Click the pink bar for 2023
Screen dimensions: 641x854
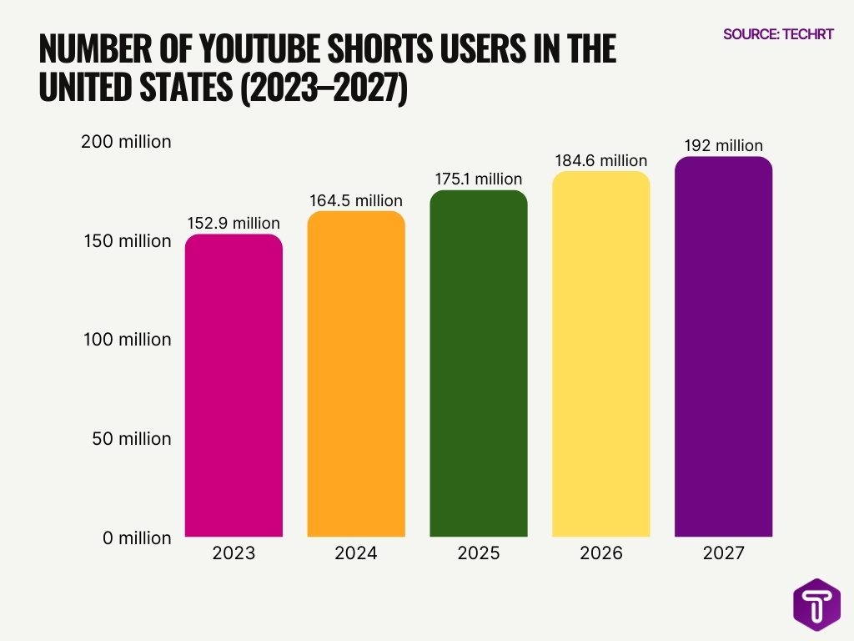tap(234, 386)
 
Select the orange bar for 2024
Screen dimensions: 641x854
tap(356, 374)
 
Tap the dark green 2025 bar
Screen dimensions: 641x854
tap(479, 364)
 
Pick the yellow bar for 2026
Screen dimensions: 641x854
tap(600, 354)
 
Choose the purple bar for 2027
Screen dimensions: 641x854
tap(723, 346)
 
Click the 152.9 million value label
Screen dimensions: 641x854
tap(234, 223)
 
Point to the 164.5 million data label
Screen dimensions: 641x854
tap(356, 200)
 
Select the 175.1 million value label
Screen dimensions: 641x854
tap(479, 179)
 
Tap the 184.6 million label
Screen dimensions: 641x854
tap(600, 160)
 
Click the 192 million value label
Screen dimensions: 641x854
tap(723, 145)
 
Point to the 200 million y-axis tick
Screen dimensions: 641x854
tap(126, 141)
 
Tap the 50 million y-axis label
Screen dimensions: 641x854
tap(132, 439)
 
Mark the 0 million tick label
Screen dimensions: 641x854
tap(137, 538)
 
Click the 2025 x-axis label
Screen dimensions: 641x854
tap(479, 553)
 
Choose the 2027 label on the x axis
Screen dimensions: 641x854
tap(723, 553)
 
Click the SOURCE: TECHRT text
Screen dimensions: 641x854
tap(778, 34)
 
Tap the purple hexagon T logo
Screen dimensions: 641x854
tap(816, 604)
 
